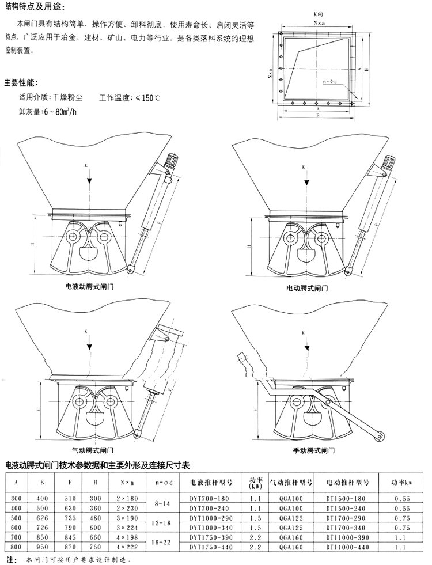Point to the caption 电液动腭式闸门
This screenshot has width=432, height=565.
point(90,286)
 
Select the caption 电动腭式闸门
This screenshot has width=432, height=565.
point(307,286)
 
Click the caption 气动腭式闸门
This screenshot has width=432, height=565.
point(95,449)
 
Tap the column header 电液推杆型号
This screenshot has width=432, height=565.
point(207,483)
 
